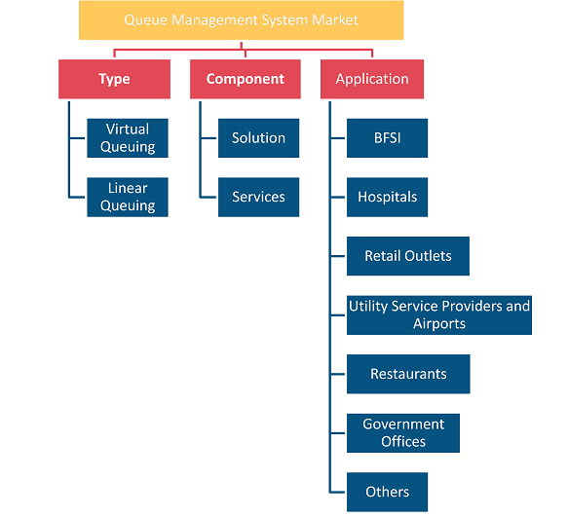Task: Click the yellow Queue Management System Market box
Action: [242, 20]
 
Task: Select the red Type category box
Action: [114, 79]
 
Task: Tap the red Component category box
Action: [246, 79]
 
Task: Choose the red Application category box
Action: [372, 79]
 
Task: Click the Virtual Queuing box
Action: [128, 138]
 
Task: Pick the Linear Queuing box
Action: [128, 197]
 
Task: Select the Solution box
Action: [258, 138]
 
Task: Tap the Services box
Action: [258, 197]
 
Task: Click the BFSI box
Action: [387, 138]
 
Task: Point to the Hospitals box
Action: [387, 197]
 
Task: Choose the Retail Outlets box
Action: [408, 256]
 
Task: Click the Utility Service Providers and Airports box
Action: [439, 315]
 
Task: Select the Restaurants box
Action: [408, 374]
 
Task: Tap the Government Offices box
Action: [403, 433]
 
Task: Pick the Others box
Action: [387, 492]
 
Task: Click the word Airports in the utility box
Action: [439, 324]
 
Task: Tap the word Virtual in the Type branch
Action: [128, 129]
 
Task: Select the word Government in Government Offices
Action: [403, 424]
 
